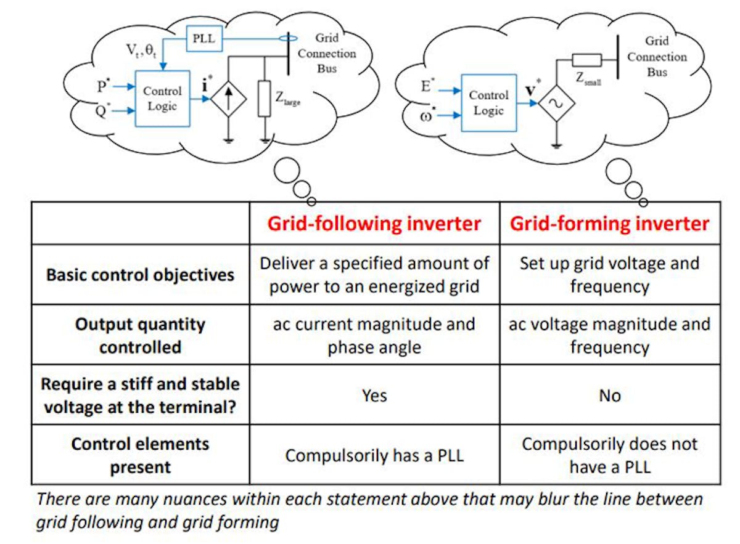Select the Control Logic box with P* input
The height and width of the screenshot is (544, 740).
pyautogui.click(x=162, y=98)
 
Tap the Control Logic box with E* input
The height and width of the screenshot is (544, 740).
pyautogui.click(x=488, y=103)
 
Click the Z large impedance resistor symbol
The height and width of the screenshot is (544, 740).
pyautogui.click(x=265, y=99)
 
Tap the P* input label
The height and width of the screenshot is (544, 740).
pyautogui.click(x=103, y=86)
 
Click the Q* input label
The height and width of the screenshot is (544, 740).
pyautogui.click(x=103, y=112)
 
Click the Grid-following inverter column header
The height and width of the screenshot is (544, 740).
pyautogui.click(x=374, y=223)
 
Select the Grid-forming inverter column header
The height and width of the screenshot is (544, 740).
pyautogui.click(x=609, y=223)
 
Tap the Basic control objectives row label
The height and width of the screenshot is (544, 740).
pyautogui.click(x=141, y=275)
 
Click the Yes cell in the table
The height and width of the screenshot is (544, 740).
pyautogui.click(x=374, y=395)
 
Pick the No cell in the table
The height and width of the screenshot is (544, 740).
pyautogui.click(x=609, y=395)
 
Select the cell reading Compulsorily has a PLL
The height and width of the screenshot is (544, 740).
pyautogui.click(x=374, y=455)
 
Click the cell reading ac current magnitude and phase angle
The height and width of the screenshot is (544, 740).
pyautogui.click(x=374, y=335)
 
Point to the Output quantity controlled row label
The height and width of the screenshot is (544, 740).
pyautogui.click(x=141, y=335)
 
